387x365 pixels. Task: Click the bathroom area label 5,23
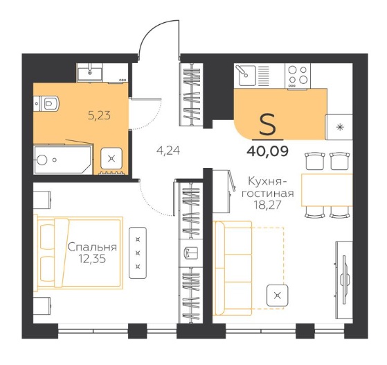99,115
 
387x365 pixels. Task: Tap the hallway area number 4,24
168,150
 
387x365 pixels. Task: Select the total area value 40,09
267,151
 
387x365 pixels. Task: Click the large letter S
268,124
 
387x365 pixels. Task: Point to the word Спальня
92,247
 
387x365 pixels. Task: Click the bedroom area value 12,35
92,259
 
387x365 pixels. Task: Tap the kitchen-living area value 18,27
268,205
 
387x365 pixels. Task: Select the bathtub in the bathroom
63,160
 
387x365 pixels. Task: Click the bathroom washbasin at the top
90,71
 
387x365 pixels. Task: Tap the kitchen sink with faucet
245,75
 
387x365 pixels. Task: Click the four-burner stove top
298,76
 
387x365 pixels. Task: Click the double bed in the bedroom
78,253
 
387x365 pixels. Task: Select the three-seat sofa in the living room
233,268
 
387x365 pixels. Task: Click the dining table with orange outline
327,190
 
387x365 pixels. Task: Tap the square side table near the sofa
278,295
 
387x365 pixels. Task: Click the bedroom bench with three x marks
138,253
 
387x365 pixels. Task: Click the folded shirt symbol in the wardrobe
191,253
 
